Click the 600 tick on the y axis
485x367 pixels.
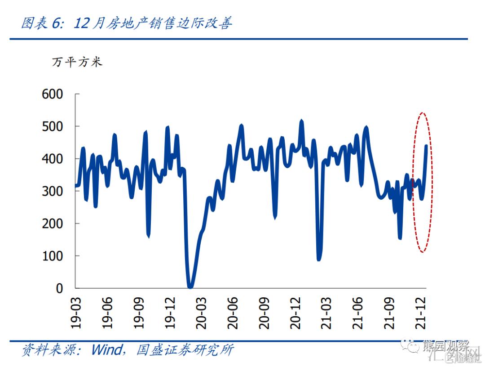53,94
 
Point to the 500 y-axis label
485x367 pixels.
53,127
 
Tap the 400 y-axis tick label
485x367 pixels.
53,159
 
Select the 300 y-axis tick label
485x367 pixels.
53,192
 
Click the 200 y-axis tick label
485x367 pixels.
53,224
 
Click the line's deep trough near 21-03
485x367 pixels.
319,258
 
